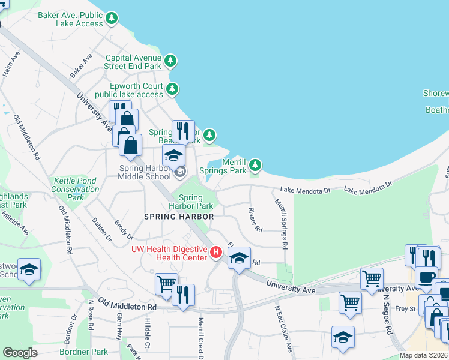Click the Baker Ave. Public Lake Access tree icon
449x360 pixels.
pos(111,19)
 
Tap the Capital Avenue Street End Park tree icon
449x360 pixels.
pos(171,61)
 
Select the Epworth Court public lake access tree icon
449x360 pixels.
pos(173,89)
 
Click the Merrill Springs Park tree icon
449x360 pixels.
pos(255,164)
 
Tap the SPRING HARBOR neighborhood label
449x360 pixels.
pos(179,216)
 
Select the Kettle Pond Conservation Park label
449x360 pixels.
pos(76,188)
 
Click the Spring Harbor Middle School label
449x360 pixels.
pos(145,172)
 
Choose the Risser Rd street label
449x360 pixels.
pos(256,220)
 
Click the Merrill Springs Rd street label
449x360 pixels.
pos(282,225)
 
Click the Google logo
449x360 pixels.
pos(20,353)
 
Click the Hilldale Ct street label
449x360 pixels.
pos(147,332)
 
